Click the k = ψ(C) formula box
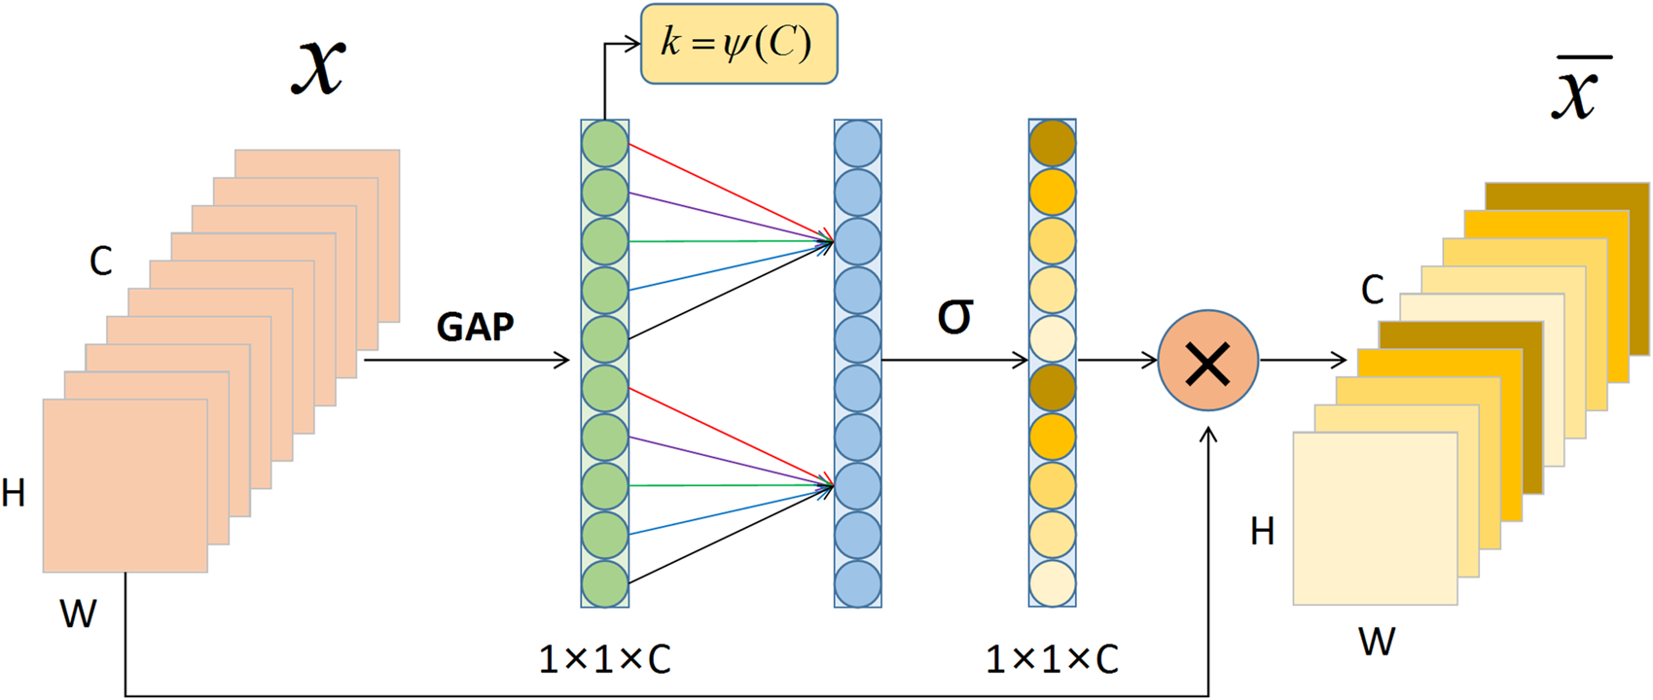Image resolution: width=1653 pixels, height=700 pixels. click(x=738, y=44)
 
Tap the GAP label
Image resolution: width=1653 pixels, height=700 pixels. click(x=475, y=327)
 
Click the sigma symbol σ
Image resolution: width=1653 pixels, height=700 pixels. click(x=954, y=315)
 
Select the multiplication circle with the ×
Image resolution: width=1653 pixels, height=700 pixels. click(x=1207, y=361)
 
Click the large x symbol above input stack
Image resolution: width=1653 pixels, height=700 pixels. click(x=318, y=66)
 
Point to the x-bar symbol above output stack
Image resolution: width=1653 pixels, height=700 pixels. click(x=1578, y=90)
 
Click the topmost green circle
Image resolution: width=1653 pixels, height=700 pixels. click(x=604, y=144)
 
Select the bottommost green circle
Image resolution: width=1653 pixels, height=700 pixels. click(x=604, y=583)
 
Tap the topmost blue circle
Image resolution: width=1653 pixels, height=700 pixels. click(x=857, y=144)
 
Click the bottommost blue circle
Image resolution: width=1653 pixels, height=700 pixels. click(x=857, y=583)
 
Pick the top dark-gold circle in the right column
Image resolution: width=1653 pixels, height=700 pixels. click(x=1052, y=144)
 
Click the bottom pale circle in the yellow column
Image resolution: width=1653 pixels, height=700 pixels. click(x=1052, y=583)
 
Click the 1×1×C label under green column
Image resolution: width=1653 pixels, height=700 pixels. click(x=604, y=660)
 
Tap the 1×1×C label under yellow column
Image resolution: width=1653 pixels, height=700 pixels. click(x=1052, y=660)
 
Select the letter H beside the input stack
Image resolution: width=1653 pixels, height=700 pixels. click(x=14, y=494)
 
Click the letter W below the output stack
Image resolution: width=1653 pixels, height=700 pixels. click(x=1377, y=642)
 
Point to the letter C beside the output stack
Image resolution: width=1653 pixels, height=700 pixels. click(x=1372, y=290)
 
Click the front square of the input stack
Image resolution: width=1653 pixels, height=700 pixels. click(x=125, y=485)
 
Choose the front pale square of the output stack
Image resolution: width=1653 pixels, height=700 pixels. click(x=1374, y=518)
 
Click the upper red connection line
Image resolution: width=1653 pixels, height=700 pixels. click(x=730, y=192)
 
